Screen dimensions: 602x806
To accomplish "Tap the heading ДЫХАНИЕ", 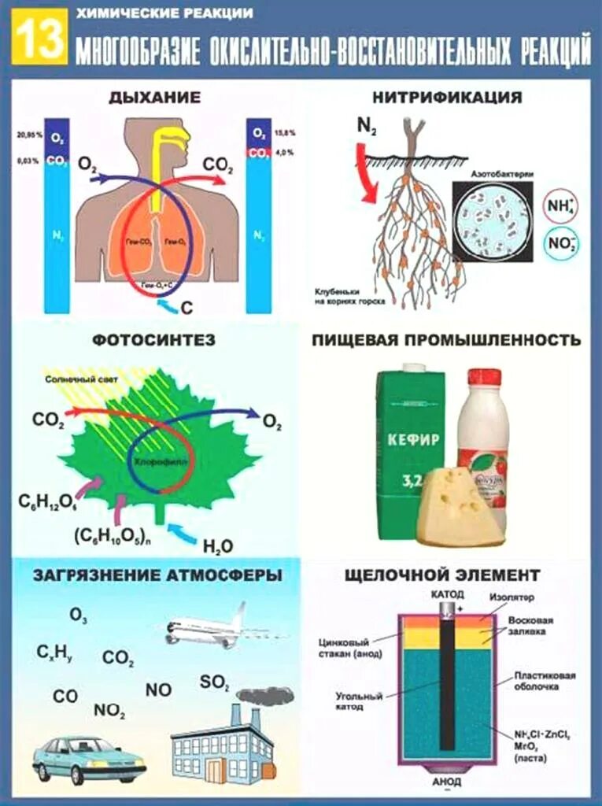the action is tap(155, 98).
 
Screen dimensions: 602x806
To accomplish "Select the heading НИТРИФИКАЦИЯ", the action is tap(448, 98).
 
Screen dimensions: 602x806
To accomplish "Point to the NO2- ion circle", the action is tap(560, 245).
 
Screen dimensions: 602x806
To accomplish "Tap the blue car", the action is tap(88, 759).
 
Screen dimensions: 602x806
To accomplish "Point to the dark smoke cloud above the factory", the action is tap(265, 696).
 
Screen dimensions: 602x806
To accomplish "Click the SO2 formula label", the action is tap(214, 682).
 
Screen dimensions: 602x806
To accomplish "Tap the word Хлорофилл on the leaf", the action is tap(156, 463).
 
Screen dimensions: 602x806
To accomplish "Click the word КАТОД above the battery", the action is tap(448, 593).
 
